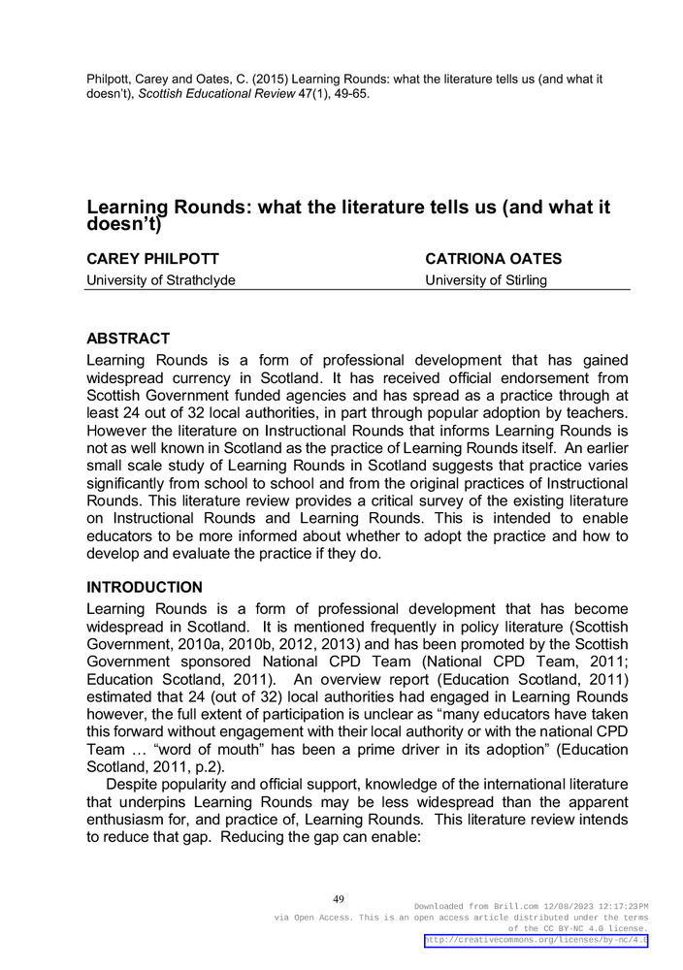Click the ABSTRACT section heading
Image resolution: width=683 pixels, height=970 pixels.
coord(128,339)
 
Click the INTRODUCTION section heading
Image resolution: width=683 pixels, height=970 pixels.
coord(145,588)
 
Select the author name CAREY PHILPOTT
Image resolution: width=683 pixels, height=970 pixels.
coord(152,259)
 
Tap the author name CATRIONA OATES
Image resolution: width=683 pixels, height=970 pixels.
coord(493,259)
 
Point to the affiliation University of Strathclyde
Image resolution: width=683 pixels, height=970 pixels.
coord(161,280)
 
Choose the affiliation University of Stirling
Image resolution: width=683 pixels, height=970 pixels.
coord(486,280)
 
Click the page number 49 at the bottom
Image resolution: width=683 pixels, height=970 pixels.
coord(339,899)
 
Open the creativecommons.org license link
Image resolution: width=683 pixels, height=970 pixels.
coord(537,941)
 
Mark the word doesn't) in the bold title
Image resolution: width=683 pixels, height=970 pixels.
coord(123,225)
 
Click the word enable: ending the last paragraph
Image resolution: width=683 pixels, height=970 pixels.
coord(388,837)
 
